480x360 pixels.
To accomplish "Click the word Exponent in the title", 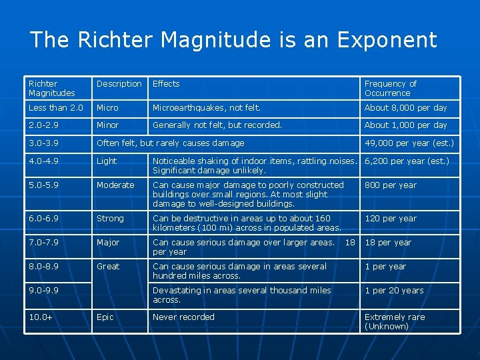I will (x=387, y=40).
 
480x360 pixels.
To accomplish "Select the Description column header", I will (x=119, y=84).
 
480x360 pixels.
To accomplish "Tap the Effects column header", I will (x=166, y=84).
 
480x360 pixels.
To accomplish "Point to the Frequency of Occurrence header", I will (x=391, y=89).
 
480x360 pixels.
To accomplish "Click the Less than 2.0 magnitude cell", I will (x=56, y=108).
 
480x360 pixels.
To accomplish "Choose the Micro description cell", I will (x=107, y=108).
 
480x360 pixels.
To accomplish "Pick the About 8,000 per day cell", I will (x=405, y=108).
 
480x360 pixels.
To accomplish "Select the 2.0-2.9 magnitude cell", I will (x=44, y=125).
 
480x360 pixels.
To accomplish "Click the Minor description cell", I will (x=108, y=125).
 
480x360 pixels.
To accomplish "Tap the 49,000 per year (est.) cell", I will (x=409, y=143).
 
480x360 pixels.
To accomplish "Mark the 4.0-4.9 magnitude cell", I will (x=44, y=161).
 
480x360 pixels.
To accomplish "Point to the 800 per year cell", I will (x=390, y=185).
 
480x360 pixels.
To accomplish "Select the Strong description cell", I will (x=110, y=219).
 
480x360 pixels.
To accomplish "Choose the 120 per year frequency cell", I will (x=390, y=219).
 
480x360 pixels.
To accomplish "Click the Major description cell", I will (x=109, y=243).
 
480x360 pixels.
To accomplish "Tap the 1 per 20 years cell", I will (x=393, y=291).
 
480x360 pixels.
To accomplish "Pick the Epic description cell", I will (x=105, y=317).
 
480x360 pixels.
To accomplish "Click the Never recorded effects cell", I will (x=183, y=317).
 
